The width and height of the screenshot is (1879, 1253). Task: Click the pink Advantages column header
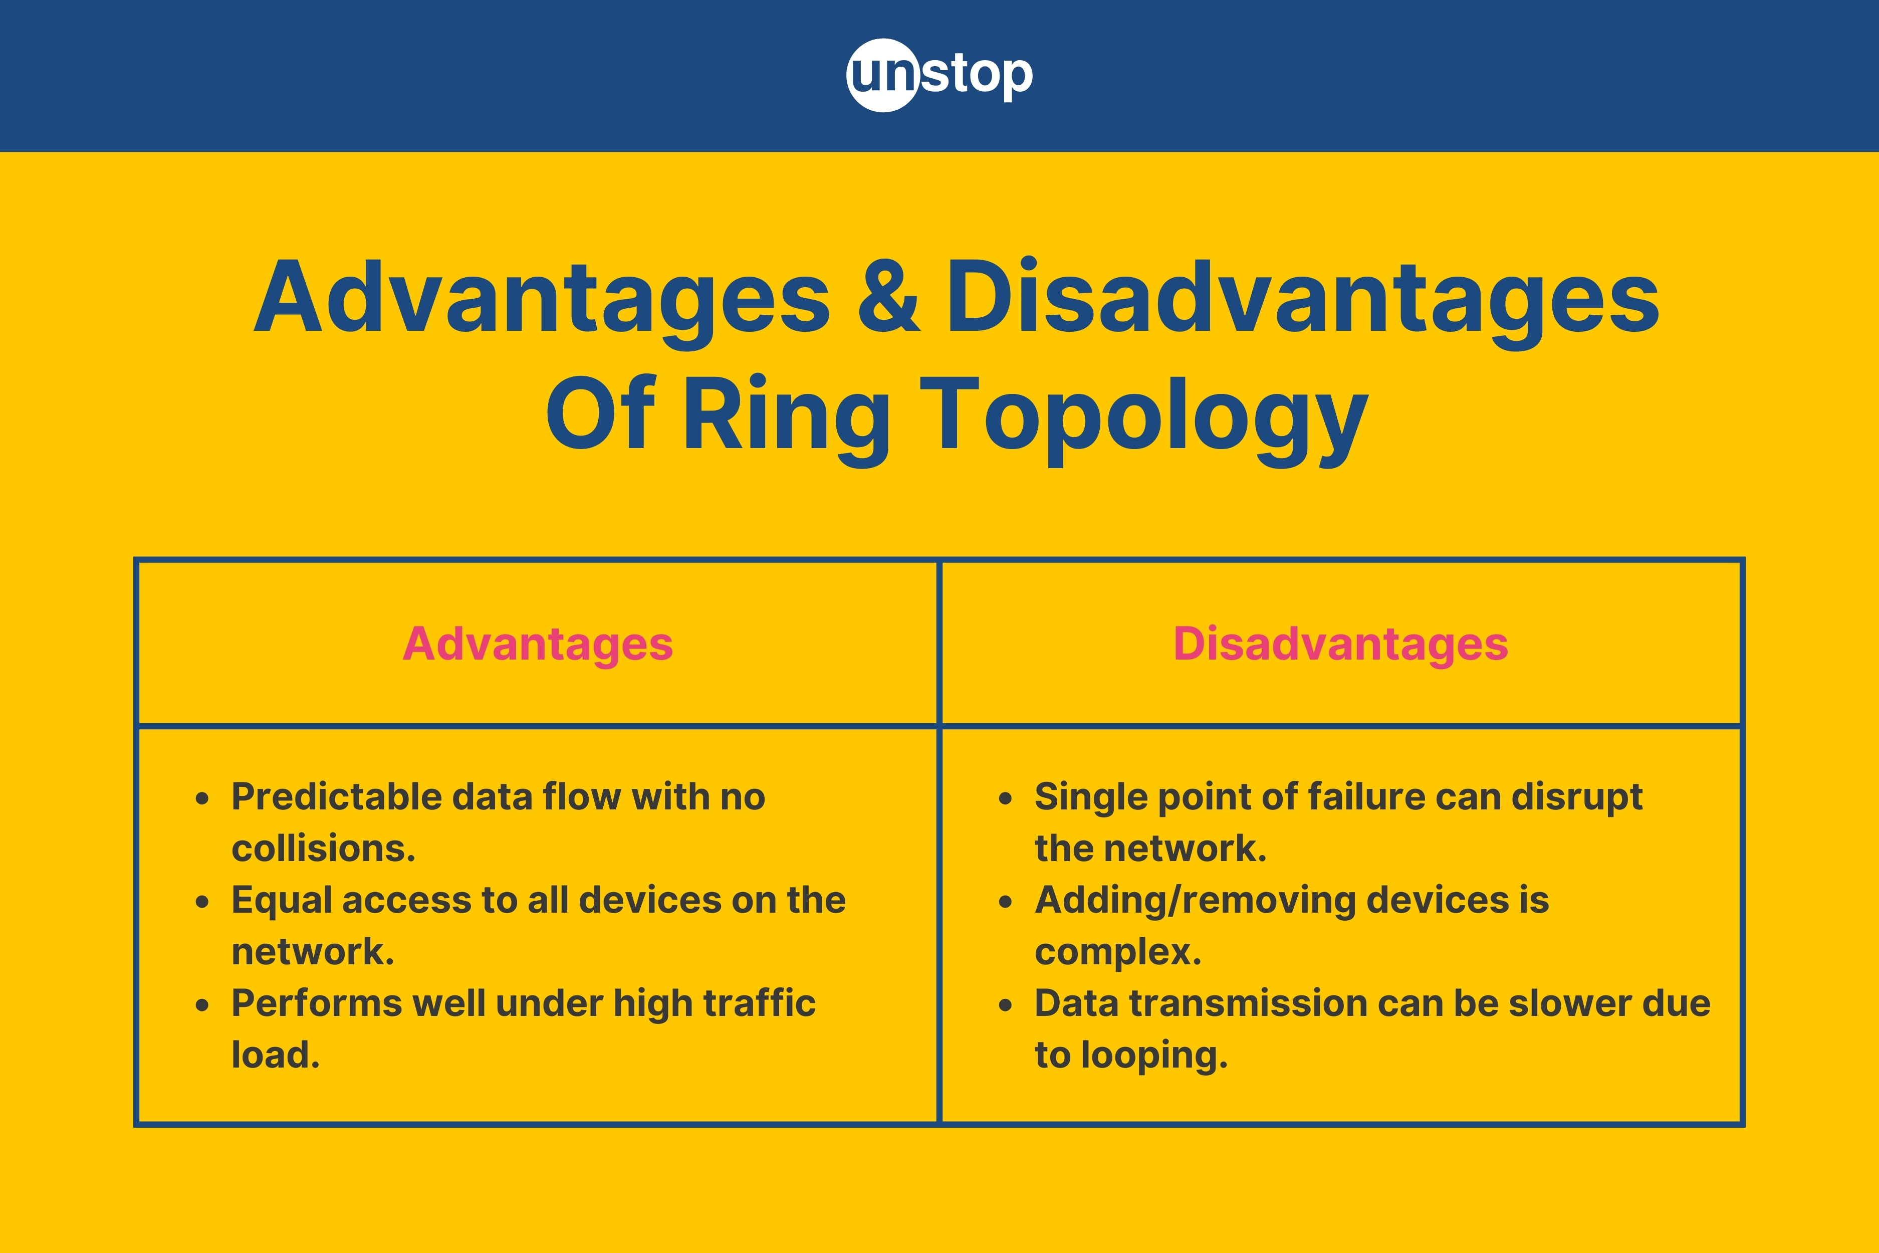pyautogui.click(x=538, y=644)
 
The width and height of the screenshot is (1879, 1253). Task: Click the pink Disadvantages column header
pyautogui.click(x=1340, y=644)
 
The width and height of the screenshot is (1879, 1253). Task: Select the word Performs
pyautogui.click(x=316, y=1004)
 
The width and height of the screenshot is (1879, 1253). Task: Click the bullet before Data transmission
pyautogui.click(x=1005, y=1005)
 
